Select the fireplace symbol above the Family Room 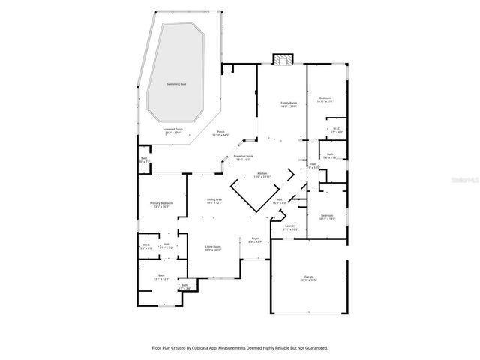282,59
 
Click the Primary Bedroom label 161,203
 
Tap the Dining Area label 214,199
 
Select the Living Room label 213,246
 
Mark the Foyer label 255,239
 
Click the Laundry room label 290,226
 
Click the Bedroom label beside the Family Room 325,98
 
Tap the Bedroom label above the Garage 326,215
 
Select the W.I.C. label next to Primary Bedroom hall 146,244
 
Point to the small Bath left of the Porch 144,158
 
